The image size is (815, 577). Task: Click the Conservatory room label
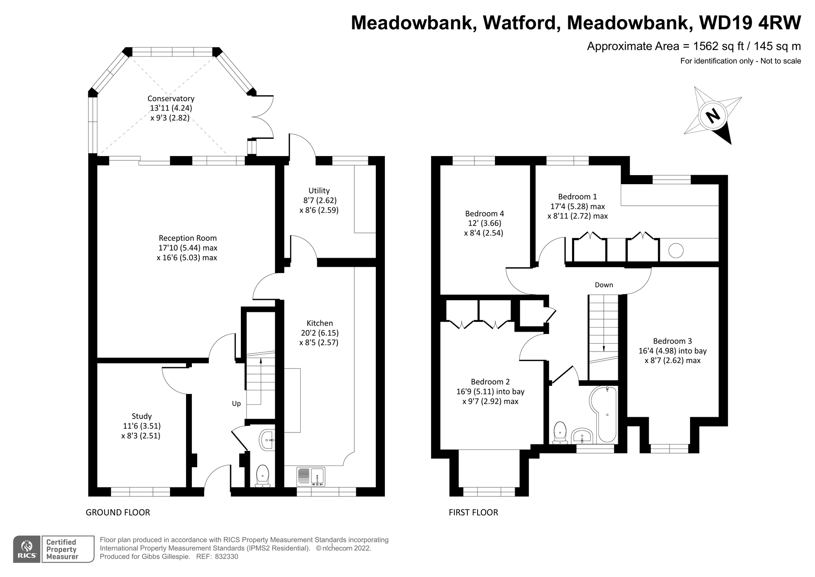tap(171, 99)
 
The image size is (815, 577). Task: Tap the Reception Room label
tap(188, 238)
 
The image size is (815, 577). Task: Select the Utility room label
tap(319, 191)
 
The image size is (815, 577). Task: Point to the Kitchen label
tap(320, 323)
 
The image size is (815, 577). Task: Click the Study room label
tap(141, 416)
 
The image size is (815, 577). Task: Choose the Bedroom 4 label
tap(484, 214)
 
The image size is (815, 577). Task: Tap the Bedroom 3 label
tap(672, 341)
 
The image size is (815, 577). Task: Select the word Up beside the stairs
tap(236, 404)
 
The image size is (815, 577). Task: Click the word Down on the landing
tap(604, 285)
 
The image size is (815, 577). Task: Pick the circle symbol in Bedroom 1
tap(676, 251)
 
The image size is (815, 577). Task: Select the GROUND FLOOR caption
tap(118, 513)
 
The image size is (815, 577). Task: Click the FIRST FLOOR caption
tap(473, 513)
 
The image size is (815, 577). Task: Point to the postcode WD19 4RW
tap(750, 23)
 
